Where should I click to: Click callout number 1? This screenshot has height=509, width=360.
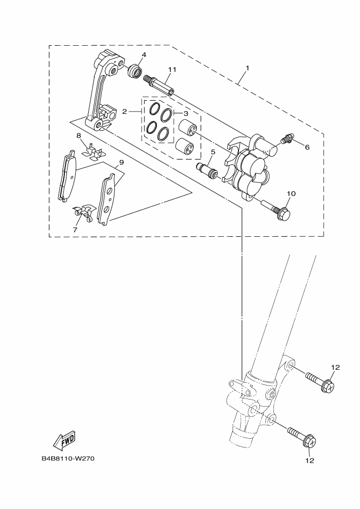(247, 68)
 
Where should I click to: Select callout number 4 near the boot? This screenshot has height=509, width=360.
(144, 55)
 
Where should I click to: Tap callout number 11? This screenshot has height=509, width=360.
(173, 70)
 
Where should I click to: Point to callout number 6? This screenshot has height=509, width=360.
(307, 147)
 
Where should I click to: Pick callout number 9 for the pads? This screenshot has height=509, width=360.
(121, 162)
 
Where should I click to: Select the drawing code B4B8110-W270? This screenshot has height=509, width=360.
(68, 458)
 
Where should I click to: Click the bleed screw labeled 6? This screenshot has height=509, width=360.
(287, 140)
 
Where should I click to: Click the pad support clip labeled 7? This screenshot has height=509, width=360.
(84, 211)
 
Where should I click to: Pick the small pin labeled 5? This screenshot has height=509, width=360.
(208, 170)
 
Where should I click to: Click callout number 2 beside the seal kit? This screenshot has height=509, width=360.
(125, 112)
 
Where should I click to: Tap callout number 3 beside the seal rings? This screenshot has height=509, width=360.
(185, 113)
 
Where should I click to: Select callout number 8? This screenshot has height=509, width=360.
(78, 135)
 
